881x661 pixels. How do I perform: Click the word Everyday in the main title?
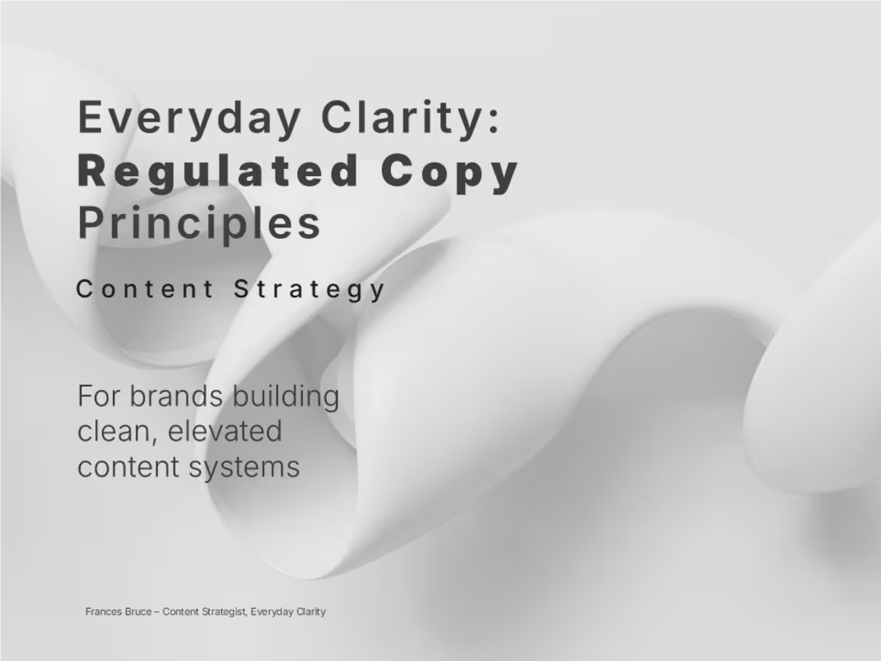187,117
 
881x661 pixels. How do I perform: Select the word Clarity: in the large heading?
411,117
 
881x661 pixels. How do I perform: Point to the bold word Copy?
450,171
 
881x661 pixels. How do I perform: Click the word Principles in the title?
199,224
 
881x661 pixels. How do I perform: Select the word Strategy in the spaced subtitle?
310,288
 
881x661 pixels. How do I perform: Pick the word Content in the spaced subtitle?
145,288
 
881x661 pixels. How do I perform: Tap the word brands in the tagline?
177,396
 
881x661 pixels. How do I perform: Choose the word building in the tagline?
286,396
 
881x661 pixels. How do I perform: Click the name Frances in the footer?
103,611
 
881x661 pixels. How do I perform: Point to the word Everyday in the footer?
272,611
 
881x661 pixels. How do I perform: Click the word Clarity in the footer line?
311,611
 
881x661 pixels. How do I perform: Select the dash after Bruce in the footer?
156,611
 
